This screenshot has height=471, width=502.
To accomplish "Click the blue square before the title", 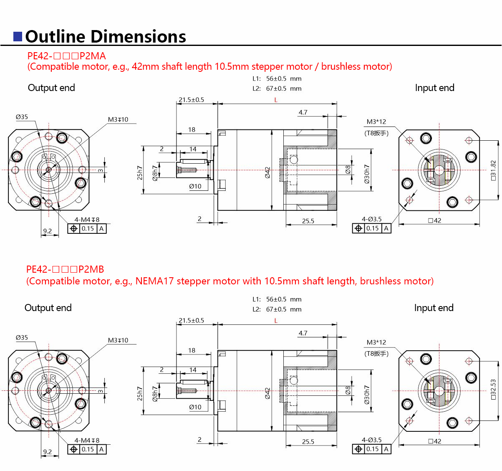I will (18, 36).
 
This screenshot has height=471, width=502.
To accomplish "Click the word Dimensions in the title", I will (140, 37).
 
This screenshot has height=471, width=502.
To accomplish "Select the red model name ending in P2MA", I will (66, 56).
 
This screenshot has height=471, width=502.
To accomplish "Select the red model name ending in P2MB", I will (65, 269).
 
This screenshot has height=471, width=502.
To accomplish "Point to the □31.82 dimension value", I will (493, 170).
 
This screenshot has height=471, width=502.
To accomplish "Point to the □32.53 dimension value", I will (493, 390).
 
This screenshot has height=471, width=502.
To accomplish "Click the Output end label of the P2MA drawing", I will (51, 88).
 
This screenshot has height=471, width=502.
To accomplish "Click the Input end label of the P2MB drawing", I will (434, 308).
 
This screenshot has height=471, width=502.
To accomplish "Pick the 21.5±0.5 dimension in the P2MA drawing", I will (191, 100).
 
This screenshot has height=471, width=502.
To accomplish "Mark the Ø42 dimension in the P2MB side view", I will (267, 392).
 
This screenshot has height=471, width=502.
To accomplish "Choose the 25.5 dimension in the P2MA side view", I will (308, 221).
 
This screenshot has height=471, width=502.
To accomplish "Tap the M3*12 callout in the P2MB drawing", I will (376, 342).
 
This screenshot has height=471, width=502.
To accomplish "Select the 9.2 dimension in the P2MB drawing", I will (48, 451).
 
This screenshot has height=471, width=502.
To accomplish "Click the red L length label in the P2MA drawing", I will (276, 100).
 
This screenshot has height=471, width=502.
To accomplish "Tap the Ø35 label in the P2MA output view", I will (22, 117).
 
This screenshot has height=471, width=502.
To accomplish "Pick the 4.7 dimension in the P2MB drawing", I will (303, 333).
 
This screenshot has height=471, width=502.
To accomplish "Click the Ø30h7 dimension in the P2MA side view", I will (367, 172).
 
